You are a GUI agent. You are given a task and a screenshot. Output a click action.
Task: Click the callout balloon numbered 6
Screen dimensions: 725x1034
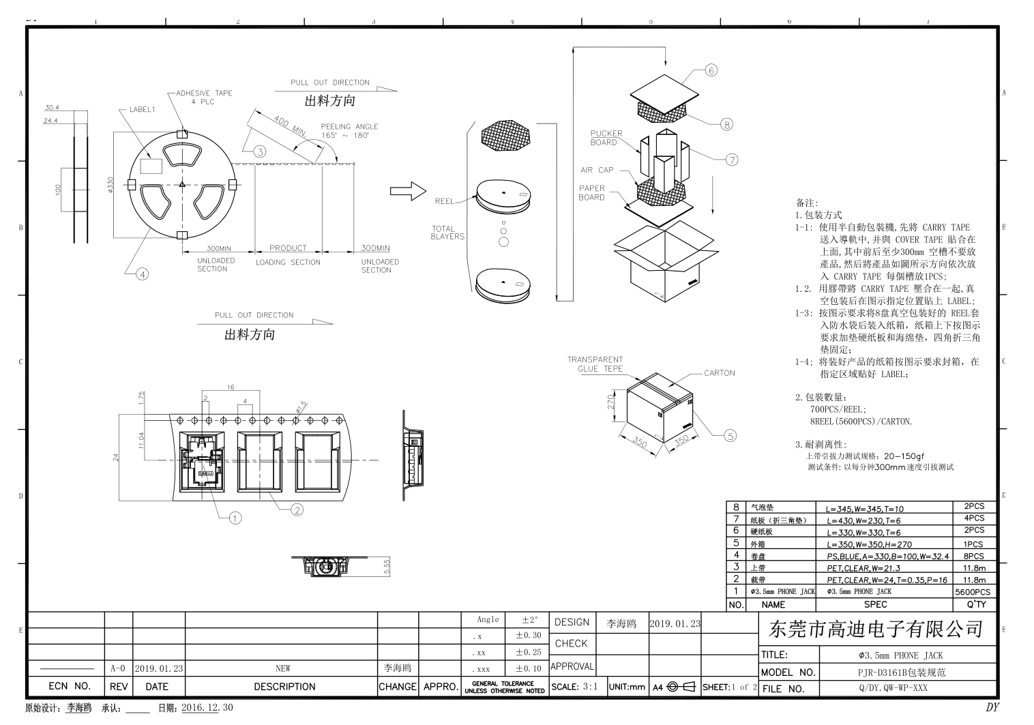coord(711,70)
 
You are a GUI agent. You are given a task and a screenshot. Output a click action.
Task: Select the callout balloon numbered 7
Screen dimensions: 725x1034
coord(732,160)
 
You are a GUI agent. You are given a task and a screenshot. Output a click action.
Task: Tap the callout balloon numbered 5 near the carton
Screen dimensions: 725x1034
coord(730,436)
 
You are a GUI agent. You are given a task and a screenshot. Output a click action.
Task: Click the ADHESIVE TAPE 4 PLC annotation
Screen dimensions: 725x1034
coord(203,98)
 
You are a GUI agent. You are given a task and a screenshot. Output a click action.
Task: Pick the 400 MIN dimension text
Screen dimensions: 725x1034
coord(289,125)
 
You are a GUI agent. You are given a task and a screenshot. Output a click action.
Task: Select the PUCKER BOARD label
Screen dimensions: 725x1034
coord(606,138)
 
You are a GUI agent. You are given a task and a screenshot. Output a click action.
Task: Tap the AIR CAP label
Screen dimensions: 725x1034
coord(597,170)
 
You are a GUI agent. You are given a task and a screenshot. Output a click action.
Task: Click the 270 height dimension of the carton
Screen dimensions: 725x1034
coord(612,402)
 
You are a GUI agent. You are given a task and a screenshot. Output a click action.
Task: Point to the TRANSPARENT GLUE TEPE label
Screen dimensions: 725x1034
coord(595,364)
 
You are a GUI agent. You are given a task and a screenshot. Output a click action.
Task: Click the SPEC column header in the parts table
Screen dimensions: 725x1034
coord(875,604)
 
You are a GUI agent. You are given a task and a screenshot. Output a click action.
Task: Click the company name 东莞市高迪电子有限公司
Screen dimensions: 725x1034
coord(875,629)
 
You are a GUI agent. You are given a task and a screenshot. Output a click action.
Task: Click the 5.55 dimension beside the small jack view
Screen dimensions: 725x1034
coord(387,567)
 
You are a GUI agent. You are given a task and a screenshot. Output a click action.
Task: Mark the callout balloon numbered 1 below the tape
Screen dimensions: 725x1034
coord(235,518)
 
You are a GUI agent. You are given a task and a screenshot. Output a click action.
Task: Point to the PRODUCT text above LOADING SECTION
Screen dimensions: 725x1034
coord(288,248)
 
